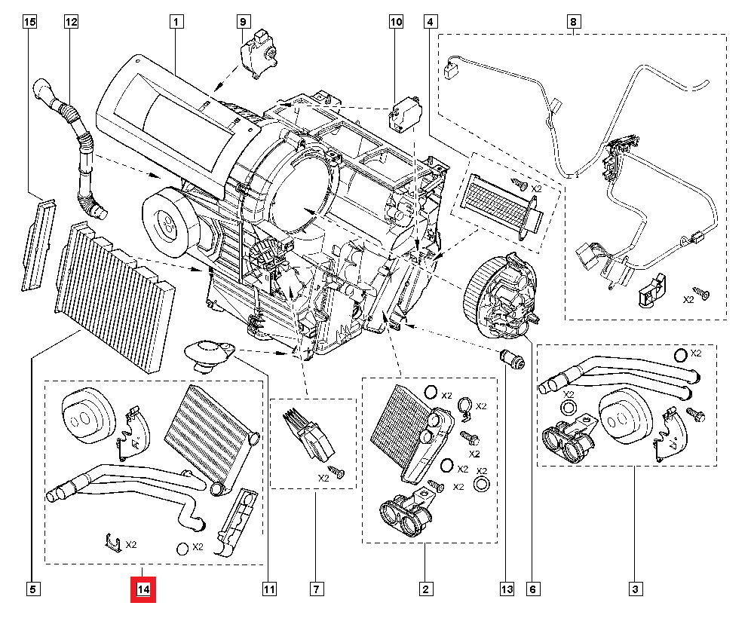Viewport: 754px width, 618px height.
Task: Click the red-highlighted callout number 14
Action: (143, 589)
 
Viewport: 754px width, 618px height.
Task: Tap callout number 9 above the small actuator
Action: (244, 23)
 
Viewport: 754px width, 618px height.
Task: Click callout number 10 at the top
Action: (397, 23)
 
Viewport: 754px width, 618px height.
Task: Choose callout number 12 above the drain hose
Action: (71, 23)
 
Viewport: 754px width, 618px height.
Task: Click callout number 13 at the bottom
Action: (505, 589)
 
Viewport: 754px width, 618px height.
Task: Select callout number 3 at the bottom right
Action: (635, 589)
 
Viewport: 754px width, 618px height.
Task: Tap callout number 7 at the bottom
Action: (317, 589)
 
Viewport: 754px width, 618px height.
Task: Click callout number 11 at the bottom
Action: (267, 589)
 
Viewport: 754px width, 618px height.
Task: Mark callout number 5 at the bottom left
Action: (32, 589)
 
